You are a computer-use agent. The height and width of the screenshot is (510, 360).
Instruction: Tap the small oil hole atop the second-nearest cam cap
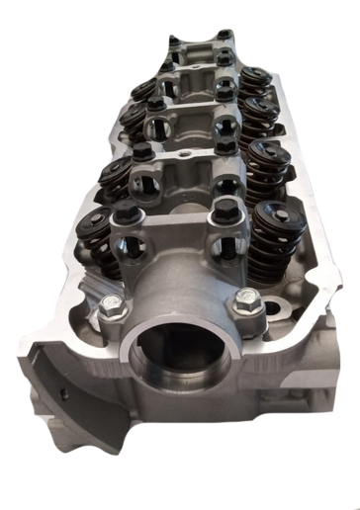pos(186,156)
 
